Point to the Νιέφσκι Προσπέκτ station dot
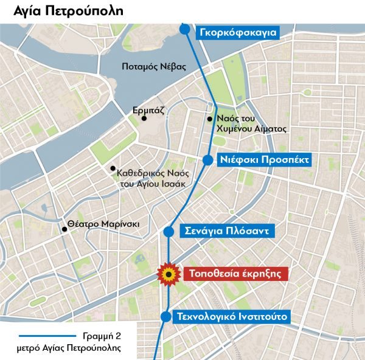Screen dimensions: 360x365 coord(207,160)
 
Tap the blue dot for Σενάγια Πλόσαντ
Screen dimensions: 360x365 coord(170,231)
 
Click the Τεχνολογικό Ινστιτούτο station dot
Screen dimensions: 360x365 coord(165,316)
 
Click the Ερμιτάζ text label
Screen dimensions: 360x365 coord(149,111)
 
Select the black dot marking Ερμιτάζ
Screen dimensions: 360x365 coord(144,119)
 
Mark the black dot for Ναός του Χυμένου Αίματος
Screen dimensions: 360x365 coord(209,119)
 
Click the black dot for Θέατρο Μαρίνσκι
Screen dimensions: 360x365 coord(64,229)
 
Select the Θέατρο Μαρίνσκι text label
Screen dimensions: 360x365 coord(104,224)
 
